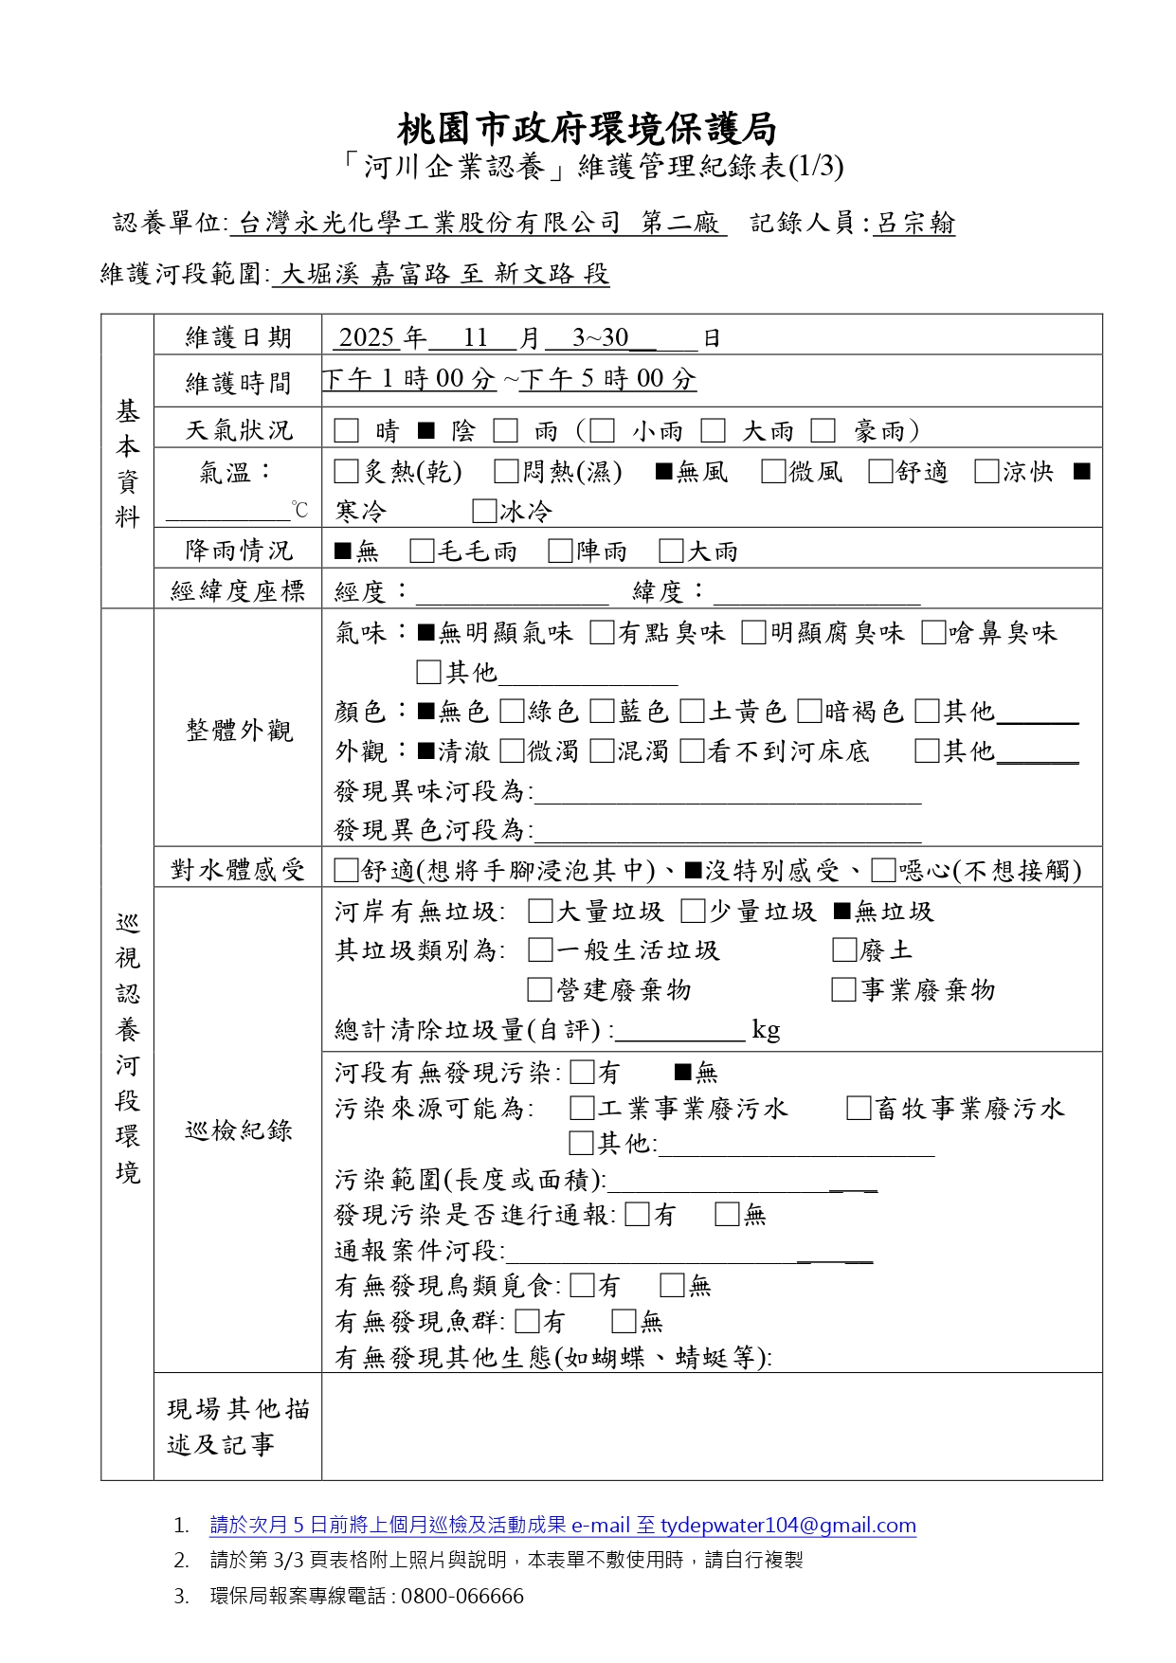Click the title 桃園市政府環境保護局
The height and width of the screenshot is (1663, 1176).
[x=587, y=128]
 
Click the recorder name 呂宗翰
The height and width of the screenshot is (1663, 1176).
[x=914, y=224]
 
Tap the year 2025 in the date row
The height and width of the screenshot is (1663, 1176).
[x=366, y=337]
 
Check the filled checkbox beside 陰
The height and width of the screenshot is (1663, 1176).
[x=426, y=431]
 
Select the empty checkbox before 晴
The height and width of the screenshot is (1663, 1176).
[x=347, y=431]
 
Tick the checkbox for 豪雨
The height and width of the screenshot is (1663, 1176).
[x=823, y=431]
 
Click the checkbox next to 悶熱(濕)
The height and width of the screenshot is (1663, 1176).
[x=507, y=472]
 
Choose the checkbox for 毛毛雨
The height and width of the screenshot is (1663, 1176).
[x=422, y=551]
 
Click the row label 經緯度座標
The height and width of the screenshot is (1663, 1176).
[x=238, y=591]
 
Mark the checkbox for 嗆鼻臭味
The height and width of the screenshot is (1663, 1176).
[x=933, y=633]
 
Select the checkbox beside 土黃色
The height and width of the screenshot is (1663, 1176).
[x=692, y=712]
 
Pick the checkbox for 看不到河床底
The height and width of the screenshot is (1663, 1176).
[x=692, y=751]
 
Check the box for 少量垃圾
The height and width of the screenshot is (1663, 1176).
[x=693, y=912]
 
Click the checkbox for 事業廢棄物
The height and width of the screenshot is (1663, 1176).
[x=843, y=990]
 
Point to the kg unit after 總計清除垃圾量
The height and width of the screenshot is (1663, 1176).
[x=766, y=1030]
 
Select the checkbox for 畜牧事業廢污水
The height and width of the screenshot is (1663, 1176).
[x=859, y=1109]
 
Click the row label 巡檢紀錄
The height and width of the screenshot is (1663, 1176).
[x=238, y=1130]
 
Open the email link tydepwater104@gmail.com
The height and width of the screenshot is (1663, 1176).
[x=787, y=1526]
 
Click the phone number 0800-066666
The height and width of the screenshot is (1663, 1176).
[x=461, y=1597]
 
